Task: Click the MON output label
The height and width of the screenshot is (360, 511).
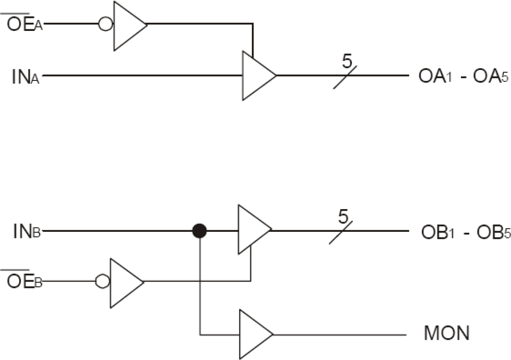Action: coord(447,334)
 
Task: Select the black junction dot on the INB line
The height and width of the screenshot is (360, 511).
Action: coord(199,231)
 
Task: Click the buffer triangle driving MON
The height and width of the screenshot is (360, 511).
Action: coord(253,334)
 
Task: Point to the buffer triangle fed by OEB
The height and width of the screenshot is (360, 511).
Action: coord(124,282)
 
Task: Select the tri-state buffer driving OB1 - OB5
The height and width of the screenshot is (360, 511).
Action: coord(252,230)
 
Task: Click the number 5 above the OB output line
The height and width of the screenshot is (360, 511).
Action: coord(343,217)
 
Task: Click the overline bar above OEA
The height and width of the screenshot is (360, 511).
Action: coord(15,13)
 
